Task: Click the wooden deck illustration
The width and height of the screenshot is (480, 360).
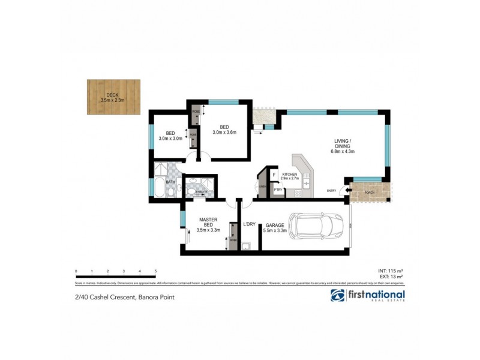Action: [113, 97]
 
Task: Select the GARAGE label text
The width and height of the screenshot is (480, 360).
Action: [275, 226]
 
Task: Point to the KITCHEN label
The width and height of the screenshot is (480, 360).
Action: [290, 175]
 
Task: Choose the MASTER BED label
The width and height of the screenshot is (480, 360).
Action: [210, 223]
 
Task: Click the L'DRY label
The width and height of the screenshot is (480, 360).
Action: [250, 226]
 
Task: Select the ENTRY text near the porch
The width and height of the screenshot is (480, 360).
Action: [332, 191]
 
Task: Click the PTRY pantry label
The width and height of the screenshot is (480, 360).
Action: [278, 190]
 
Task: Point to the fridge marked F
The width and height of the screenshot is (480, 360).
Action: [274, 175]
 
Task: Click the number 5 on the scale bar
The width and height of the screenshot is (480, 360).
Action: [155, 272]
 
